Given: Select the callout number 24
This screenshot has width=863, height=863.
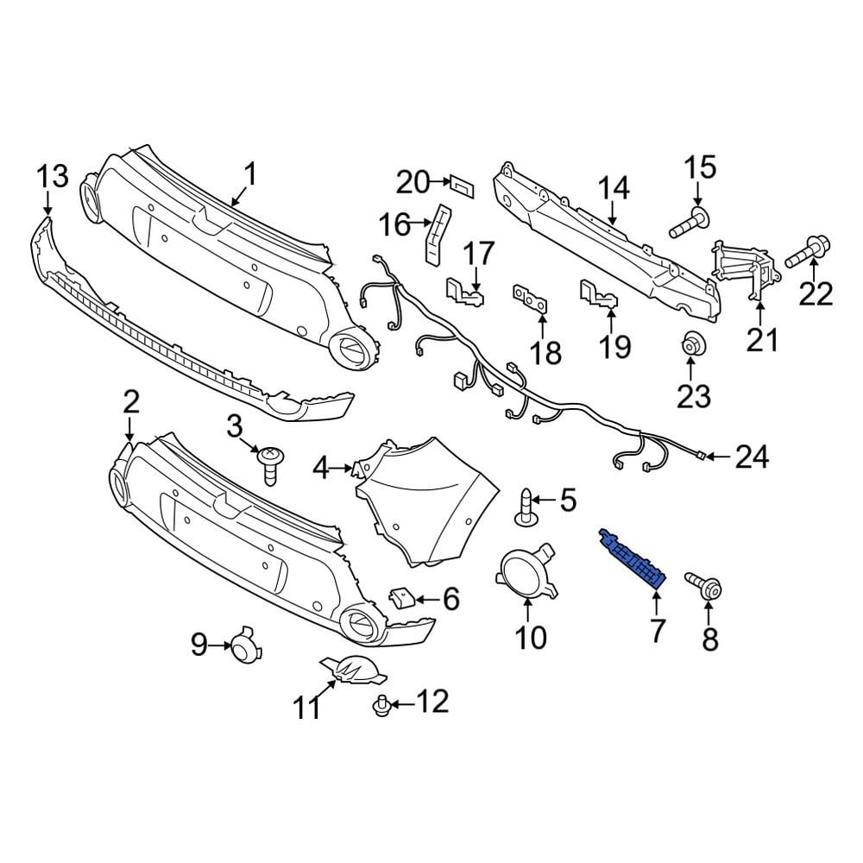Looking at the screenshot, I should pos(751,457).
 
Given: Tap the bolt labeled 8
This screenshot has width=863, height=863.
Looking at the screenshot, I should pos(702,585).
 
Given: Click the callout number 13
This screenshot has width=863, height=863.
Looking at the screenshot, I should pos(51,178).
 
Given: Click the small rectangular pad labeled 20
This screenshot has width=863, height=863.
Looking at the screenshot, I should pos(463,183).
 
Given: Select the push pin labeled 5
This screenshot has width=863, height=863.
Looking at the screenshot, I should pos(525,507).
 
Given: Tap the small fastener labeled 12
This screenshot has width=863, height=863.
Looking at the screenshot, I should pos(378,708).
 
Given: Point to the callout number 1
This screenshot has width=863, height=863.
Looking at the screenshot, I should pos(249,176).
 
